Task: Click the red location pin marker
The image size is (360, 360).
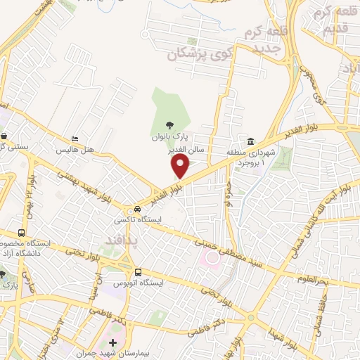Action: [181, 166]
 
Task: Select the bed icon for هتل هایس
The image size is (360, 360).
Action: [75, 139]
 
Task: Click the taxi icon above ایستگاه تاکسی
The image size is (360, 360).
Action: [138, 210]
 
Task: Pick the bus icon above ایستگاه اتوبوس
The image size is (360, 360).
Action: [138, 272]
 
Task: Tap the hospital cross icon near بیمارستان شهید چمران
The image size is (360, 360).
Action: [112, 342]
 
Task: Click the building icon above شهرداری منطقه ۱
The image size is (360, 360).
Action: [251, 141]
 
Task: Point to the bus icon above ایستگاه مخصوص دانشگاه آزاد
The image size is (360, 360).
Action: [22, 233]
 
